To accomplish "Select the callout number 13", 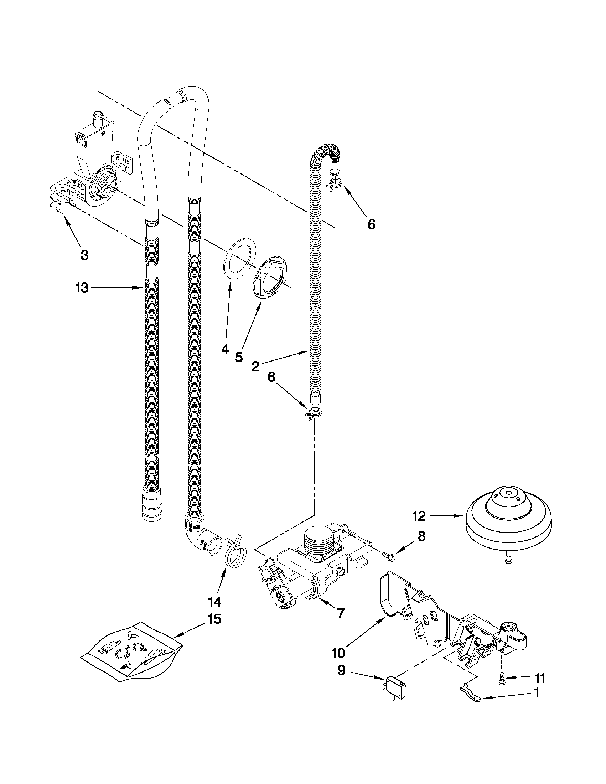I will (x=82, y=287).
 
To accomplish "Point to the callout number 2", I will (x=255, y=366).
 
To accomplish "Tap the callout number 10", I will (x=338, y=653).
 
